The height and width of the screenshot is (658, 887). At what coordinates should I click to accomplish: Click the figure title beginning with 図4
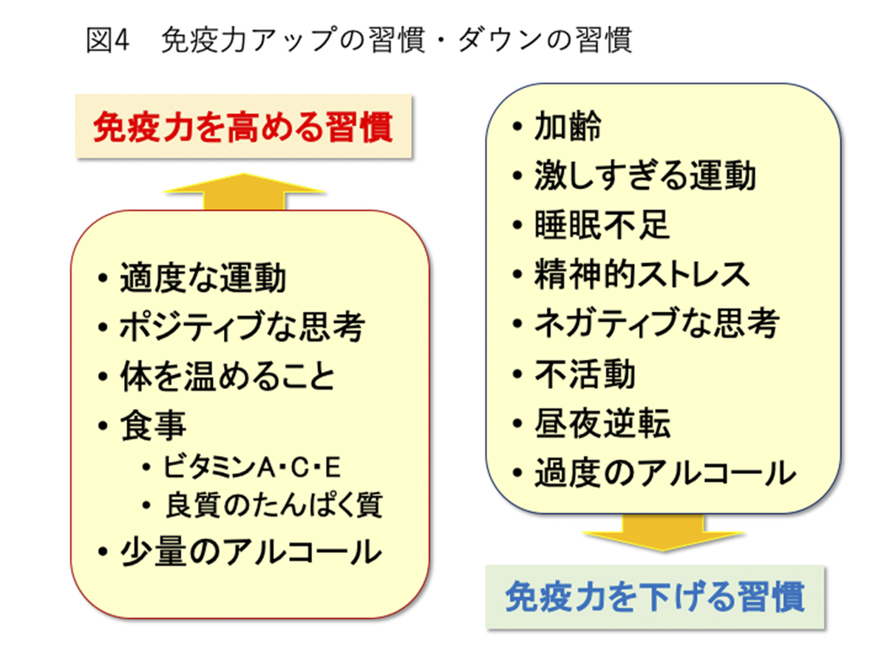point(358,40)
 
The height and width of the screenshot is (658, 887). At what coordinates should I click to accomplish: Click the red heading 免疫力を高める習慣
point(243,127)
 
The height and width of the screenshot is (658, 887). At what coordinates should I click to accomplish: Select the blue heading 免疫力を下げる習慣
point(655,597)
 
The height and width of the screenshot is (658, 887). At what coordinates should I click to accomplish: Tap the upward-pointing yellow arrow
point(244,191)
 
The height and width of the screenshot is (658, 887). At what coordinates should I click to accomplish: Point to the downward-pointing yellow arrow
point(662,533)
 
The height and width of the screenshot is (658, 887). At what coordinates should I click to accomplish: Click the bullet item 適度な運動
point(203,277)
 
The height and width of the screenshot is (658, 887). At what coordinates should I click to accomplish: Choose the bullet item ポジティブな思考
point(242,327)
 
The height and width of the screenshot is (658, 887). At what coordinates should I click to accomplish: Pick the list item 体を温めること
point(227,376)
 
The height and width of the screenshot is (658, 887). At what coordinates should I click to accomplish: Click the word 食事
point(153,426)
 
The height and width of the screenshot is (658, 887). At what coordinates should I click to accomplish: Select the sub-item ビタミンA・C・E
point(252,467)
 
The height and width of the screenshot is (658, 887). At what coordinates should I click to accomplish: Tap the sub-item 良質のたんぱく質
point(274,506)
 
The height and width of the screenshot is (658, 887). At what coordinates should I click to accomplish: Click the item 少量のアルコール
point(251,552)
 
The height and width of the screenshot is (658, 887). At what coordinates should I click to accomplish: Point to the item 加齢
point(568,126)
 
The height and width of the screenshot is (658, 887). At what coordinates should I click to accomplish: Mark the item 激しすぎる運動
point(645,176)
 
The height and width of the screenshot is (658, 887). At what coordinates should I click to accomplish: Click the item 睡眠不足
point(602,225)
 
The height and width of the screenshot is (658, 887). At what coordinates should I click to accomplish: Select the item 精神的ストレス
point(642,274)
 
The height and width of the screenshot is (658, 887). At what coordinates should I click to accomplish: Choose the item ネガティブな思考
point(657,323)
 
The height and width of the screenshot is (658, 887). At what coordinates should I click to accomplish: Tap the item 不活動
point(585,373)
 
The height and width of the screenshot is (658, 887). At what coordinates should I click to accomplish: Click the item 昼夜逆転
point(602,423)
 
